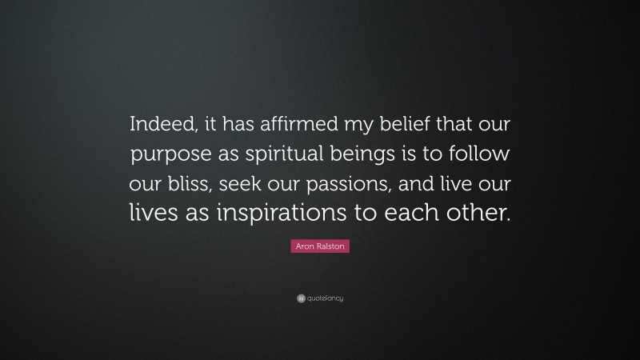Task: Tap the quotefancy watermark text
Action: [325, 298]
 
